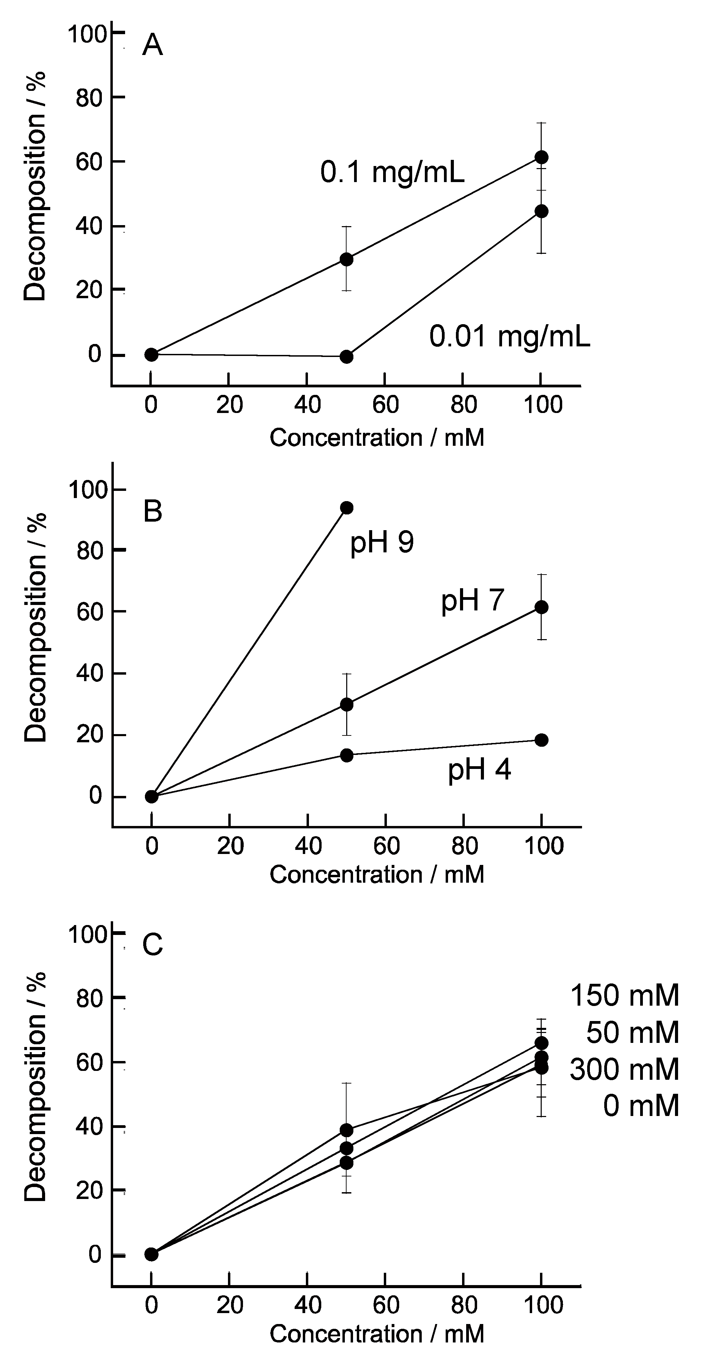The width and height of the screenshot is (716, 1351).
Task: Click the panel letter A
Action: (x=153, y=46)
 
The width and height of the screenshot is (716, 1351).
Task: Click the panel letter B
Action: (x=153, y=511)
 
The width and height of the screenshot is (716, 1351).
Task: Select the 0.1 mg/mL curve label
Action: (x=392, y=173)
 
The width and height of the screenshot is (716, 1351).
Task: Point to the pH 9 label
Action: (x=382, y=542)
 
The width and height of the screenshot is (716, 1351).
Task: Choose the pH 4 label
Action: (x=479, y=770)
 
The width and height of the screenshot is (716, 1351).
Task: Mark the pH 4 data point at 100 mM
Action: (x=541, y=740)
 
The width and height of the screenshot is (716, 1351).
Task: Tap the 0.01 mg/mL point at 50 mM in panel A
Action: (x=346, y=357)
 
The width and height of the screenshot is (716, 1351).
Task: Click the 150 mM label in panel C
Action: (x=624, y=995)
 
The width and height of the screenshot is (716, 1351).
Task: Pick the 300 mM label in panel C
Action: (x=624, y=1070)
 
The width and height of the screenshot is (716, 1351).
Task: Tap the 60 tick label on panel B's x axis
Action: (x=386, y=846)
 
